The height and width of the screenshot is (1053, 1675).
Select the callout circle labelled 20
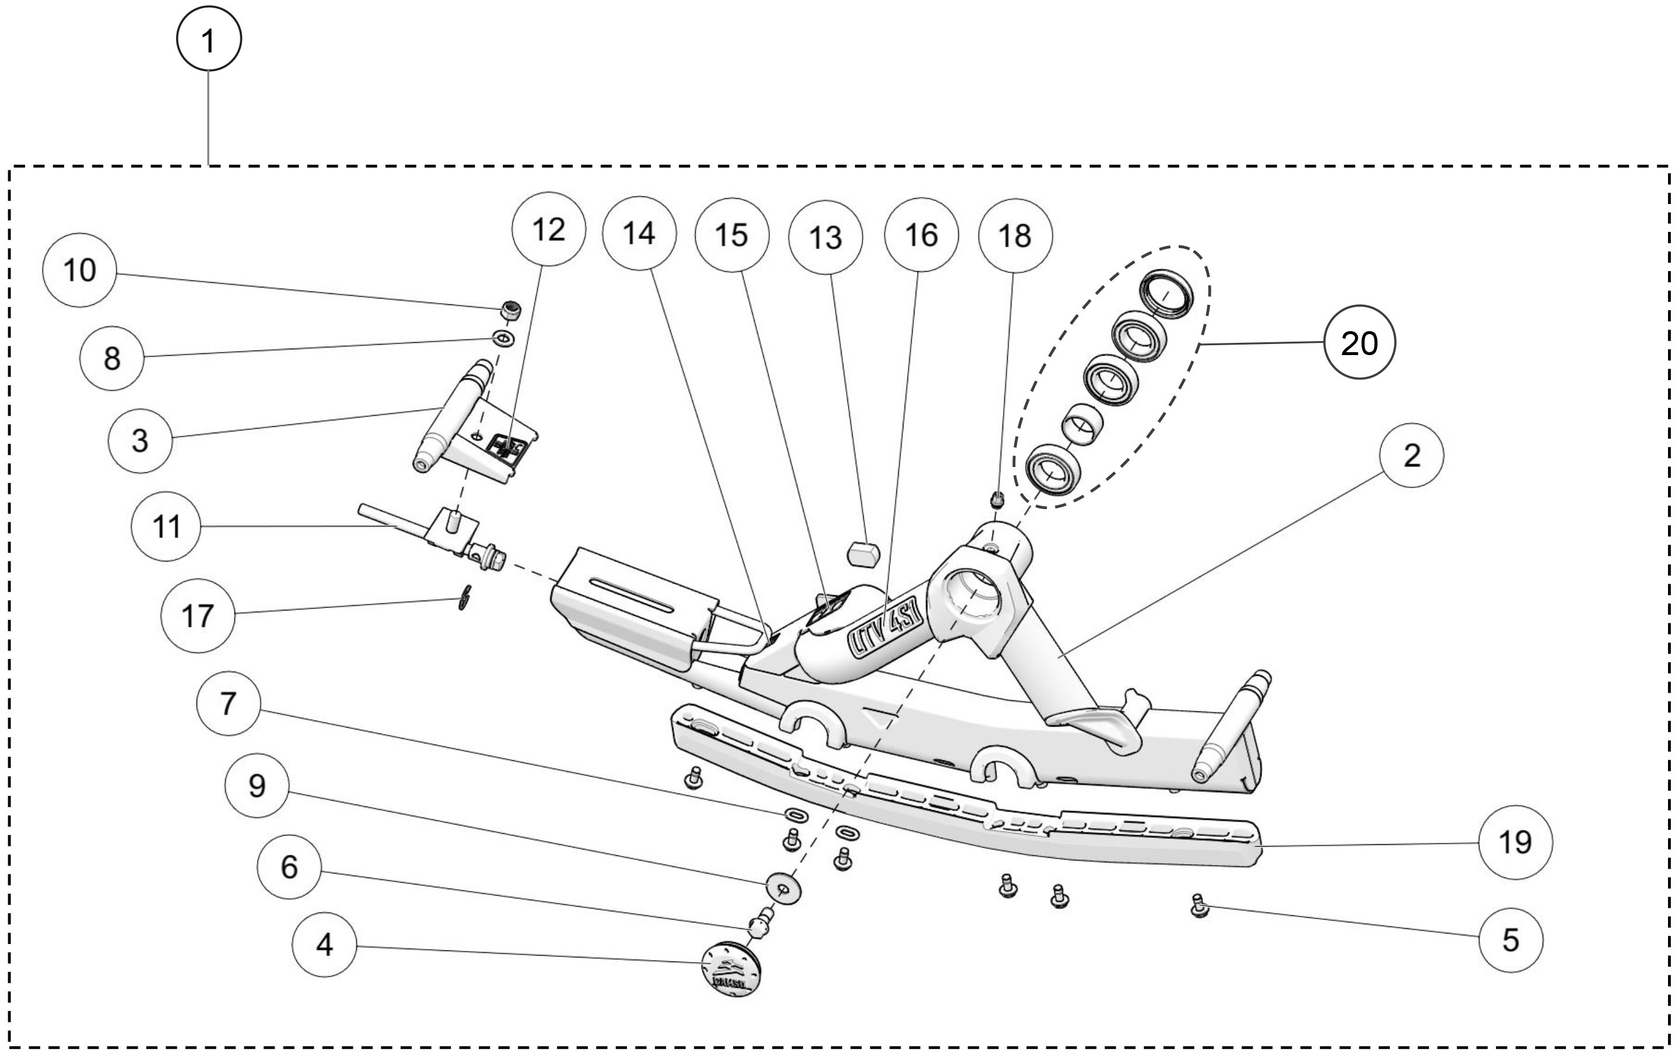pyautogui.click(x=1359, y=343)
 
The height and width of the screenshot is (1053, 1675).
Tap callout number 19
pyautogui.click(x=1515, y=843)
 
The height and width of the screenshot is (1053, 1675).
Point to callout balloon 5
pyautogui.click(x=1511, y=940)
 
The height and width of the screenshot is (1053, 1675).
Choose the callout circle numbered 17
pyautogui.click(x=197, y=616)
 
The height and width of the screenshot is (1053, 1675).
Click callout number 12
pyautogui.click(x=548, y=230)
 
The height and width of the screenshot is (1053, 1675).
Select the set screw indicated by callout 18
pyautogui.click(x=997, y=499)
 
